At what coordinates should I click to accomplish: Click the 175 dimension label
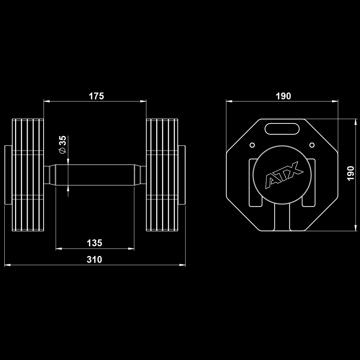[x=96, y=96]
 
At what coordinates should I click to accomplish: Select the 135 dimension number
[x=94, y=243]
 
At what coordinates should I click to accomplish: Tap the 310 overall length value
[x=94, y=260]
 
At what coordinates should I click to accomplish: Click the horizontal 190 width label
[x=283, y=96]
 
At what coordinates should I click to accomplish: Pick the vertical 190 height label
[x=351, y=174]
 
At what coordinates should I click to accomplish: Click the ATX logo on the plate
[x=284, y=175]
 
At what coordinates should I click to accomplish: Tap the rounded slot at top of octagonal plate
[x=282, y=129]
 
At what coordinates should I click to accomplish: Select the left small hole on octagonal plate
[x=252, y=145]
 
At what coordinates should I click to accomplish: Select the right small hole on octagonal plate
[x=312, y=145]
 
